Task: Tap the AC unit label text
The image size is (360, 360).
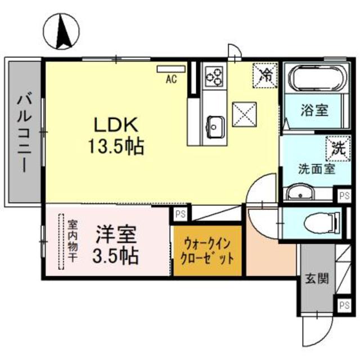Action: point(171,79)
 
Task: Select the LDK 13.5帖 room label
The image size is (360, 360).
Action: point(115,136)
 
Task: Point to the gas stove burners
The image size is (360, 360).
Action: point(214,76)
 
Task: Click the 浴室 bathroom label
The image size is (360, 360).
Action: point(321,110)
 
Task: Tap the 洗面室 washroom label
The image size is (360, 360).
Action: point(317,168)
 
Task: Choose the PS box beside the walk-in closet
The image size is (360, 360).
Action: point(180,214)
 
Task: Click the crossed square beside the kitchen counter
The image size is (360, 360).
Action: point(245,114)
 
